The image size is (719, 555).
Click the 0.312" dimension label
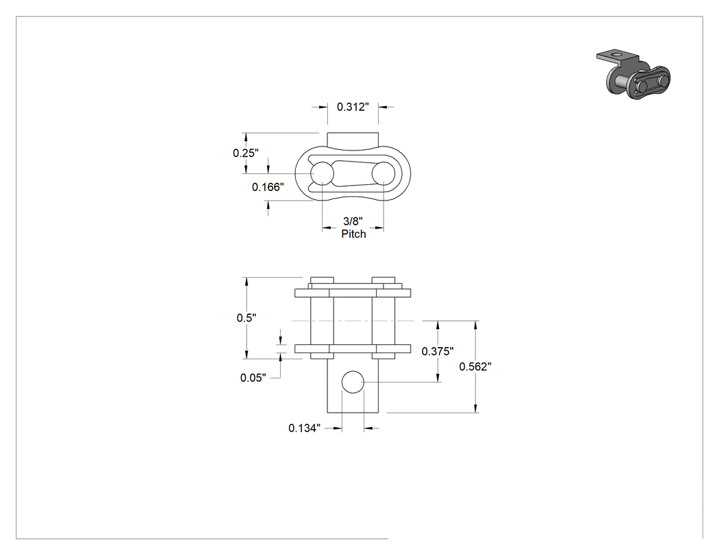[353, 107]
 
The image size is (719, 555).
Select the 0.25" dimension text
[246, 153]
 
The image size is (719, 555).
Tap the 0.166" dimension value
[268, 187]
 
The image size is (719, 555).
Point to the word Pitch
[353, 234]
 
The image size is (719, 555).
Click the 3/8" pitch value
[353, 221]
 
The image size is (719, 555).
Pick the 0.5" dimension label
[247, 318]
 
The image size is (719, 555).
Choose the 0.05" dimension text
[253, 378]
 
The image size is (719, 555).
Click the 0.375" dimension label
[438, 351]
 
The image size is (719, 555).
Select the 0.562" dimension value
[475, 366]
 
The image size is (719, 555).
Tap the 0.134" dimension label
[305, 428]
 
